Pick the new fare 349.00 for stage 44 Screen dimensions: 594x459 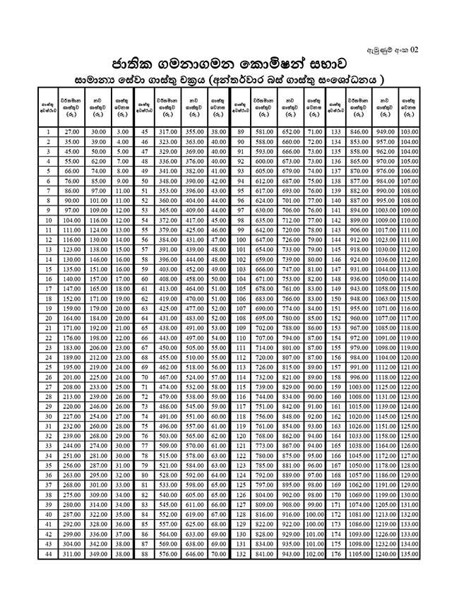click(x=98, y=556)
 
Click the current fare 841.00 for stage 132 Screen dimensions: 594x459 click(x=264, y=556)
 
